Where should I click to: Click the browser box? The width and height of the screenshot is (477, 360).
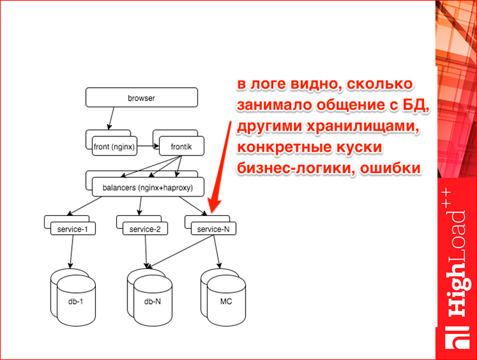pyautogui.click(x=141, y=98)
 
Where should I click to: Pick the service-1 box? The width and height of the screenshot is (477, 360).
pyautogui.click(x=73, y=229)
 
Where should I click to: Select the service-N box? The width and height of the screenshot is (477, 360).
pyautogui.click(x=213, y=229)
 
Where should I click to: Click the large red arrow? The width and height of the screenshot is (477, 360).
pyautogui.click(x=221, y=164)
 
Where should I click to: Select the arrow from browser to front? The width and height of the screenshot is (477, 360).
pyautogui.click(x=111, y=118)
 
